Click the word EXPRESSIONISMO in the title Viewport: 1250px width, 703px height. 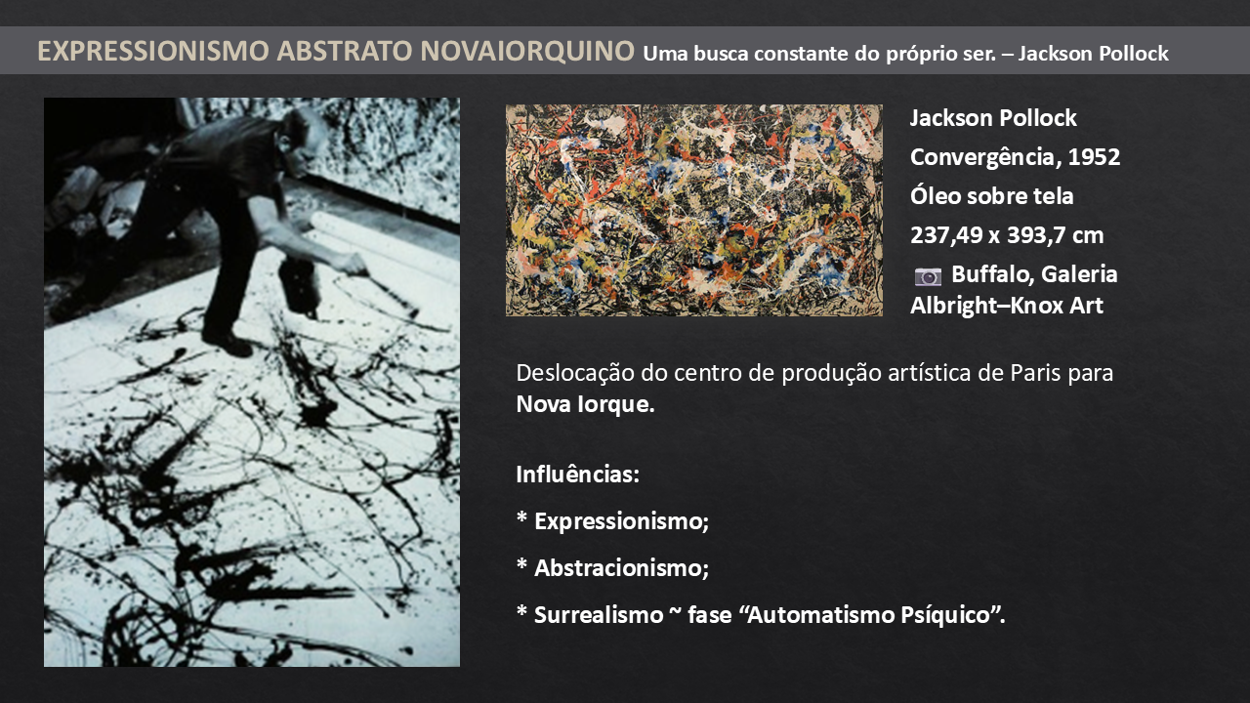point(153,51)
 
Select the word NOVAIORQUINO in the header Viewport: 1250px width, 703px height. point(527,51)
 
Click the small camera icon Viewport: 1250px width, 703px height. point(928,276)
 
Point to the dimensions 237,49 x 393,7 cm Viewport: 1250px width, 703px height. point(1007,235)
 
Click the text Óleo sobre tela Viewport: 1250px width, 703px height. point(991,196)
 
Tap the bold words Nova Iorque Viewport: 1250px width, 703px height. point(585,404)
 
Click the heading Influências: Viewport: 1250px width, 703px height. point(577,475)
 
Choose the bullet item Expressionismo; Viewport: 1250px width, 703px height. point(621,521)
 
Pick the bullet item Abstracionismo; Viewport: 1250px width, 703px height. point(621,568)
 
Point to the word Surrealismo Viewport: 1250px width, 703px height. point(599,615)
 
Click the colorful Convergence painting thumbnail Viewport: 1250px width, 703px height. point(694,210)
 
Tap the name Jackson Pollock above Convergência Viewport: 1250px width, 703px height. point(993,118)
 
